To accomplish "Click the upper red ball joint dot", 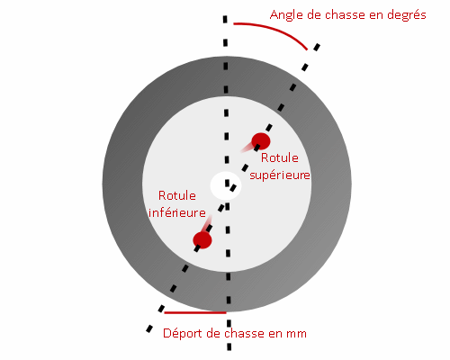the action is pos(261,141).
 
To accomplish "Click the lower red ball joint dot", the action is pos(202,240).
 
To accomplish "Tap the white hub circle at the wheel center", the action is pos(226,185).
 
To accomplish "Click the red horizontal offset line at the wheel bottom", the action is pos(195,312).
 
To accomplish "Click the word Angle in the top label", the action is pos(286,15).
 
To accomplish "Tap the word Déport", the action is pos(182,334).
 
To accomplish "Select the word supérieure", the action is pos(280,175).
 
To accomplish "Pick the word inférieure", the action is pos(177,212).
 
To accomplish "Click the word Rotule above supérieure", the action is pos(280,157).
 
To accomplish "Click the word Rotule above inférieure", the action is pos(177,195).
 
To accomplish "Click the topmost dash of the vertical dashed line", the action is pos(225,19).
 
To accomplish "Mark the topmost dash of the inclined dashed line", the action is pos(317,47).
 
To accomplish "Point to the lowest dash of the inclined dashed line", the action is pos(149,328).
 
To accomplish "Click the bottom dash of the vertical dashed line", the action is pos(229,346).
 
